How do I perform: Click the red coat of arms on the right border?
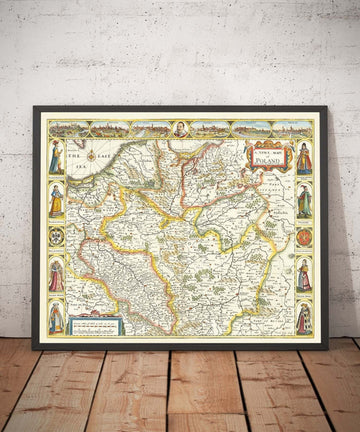pos(304,237)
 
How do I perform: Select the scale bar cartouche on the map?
pos(94,322)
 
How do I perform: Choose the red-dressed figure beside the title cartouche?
pos(303,158)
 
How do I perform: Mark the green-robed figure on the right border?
pos(303,199)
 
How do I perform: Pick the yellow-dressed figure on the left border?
pos(56,199)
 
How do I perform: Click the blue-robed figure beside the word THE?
pos(56,158)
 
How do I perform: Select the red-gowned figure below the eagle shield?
pos(56,275)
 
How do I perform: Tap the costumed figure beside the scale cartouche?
pos(56,316)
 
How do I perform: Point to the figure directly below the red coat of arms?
pos(303,275)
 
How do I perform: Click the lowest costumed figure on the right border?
pos(303,316)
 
